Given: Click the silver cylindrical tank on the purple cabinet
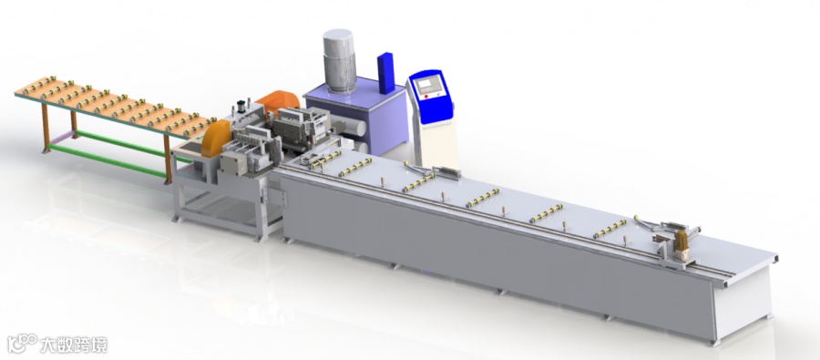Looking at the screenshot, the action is pyautogui.click(x=338, y=60).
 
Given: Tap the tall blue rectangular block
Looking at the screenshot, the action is pyautogui.click(x=386, y=72).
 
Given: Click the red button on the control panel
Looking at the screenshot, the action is pyautogui.click(x=426, y=97).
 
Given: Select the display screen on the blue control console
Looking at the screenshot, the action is pyautogui.click(x=428, y=84).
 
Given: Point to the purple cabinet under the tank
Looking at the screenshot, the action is pyautogui.click(x=355, y=118).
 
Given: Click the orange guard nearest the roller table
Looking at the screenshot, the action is pyautogui.click(x=215, y=139).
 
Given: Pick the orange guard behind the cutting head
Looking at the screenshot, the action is pyautogui.click(x=277, y=104).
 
